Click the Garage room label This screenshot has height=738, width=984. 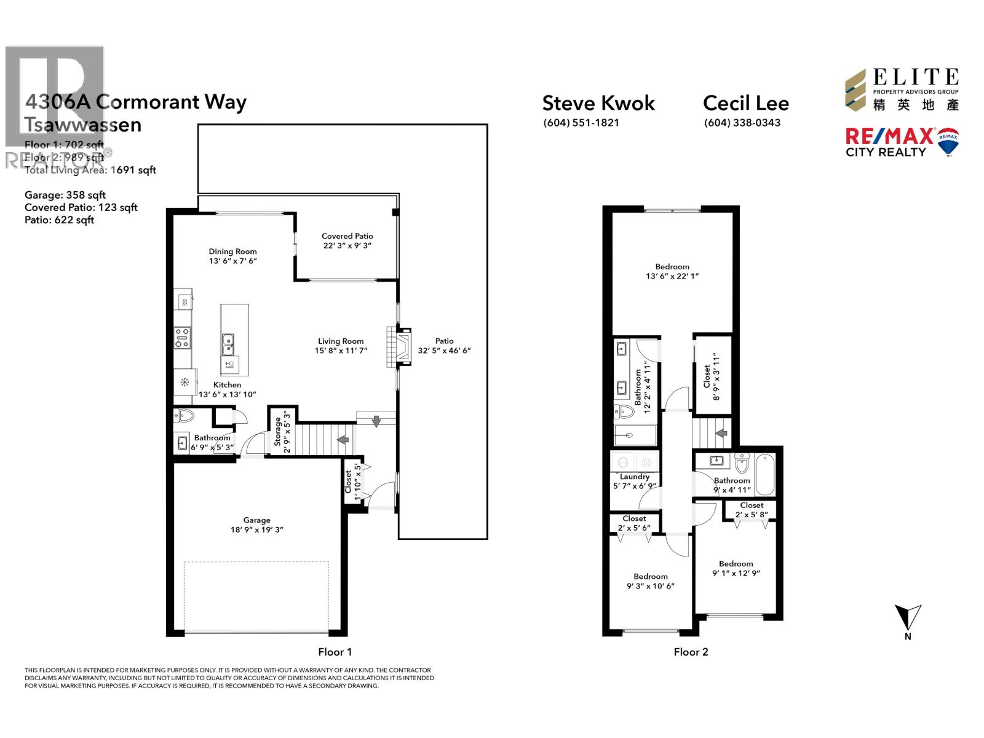click(256, 520)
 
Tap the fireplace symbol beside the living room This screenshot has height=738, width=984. click(401, 347)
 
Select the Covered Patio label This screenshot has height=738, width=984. click(347, 236)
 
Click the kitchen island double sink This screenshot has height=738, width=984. click(228, 344)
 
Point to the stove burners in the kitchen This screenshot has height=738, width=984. click(182, 338)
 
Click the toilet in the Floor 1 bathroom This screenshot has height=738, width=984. click(184, 416)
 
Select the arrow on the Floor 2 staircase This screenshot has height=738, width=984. click(721, 433)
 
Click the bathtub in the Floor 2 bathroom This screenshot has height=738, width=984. click(764, 474)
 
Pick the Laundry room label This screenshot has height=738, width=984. click(634, 477)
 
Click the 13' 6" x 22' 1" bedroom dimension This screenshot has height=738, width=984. click(672, 276)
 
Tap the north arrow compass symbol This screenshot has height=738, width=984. click(908, 616)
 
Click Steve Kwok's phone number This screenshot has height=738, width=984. click(581, 122)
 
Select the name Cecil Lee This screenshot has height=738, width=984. click(745, 103)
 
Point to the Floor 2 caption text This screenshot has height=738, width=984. click(691, 652)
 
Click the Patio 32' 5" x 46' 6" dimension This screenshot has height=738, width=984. click(444, 351)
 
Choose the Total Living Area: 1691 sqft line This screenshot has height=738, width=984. click(90, 170)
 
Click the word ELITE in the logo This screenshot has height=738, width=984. click(915, 77)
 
